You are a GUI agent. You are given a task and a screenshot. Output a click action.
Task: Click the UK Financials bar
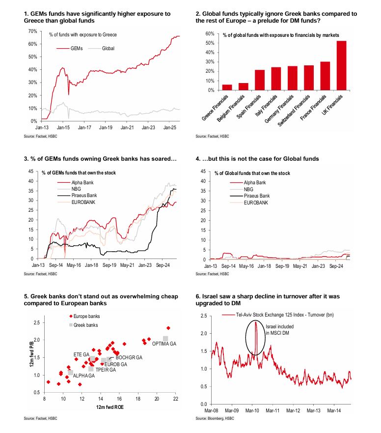coord(341,65)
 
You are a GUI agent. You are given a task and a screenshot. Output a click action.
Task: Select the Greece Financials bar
coord(227,87)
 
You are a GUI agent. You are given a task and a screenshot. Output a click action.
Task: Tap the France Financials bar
coord(325,76)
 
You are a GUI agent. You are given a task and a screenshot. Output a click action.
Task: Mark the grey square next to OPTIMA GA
coord(166,338)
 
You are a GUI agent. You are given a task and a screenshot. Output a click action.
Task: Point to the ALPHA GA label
coord(84,375)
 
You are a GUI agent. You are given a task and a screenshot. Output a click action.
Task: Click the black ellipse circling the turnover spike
coord(255,338)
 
